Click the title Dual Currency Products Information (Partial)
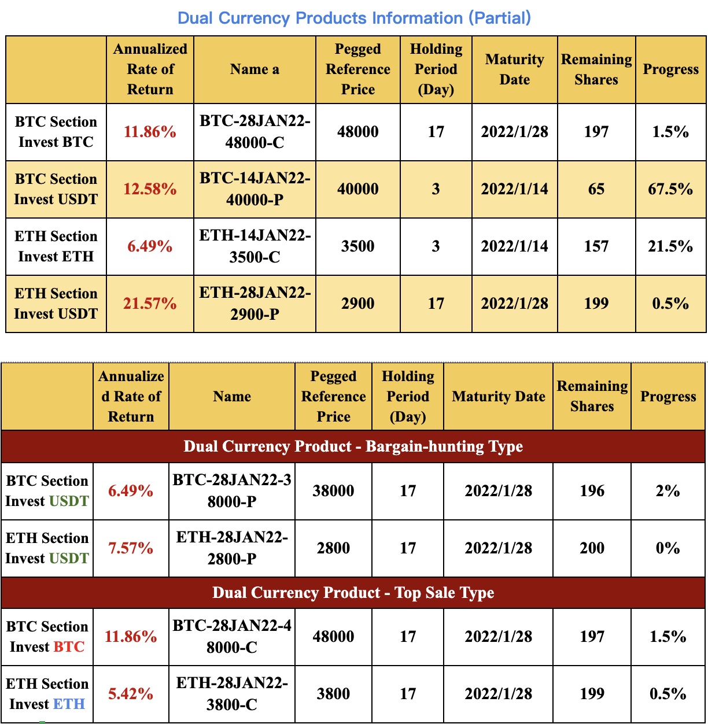(x=354, y=18)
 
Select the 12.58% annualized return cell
(x=150, y=189)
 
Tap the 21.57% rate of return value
(x=150, y=304)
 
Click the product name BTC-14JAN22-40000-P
(x=255, y=189)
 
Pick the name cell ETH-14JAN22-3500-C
(x=255, y=246)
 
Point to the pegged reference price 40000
(x=358, y=189)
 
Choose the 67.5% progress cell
(x=670, y=189)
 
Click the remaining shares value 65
(x=596, y=189)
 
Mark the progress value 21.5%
(x=670, y=246)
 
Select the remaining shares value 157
(x=596, y=246)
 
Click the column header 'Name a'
(x=255, y=69)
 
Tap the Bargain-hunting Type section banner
(x=353, y=446)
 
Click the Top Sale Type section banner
(x=353, y=593)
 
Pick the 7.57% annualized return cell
(x=131, y=548)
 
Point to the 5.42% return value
(x=131, y=694)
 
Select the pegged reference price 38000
(x=333, y=491)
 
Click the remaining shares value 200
(x=592, y=548)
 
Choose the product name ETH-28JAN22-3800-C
(x=232, y=694)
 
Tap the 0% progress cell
(x=668, y=548)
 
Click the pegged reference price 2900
(x=358, y=304)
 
